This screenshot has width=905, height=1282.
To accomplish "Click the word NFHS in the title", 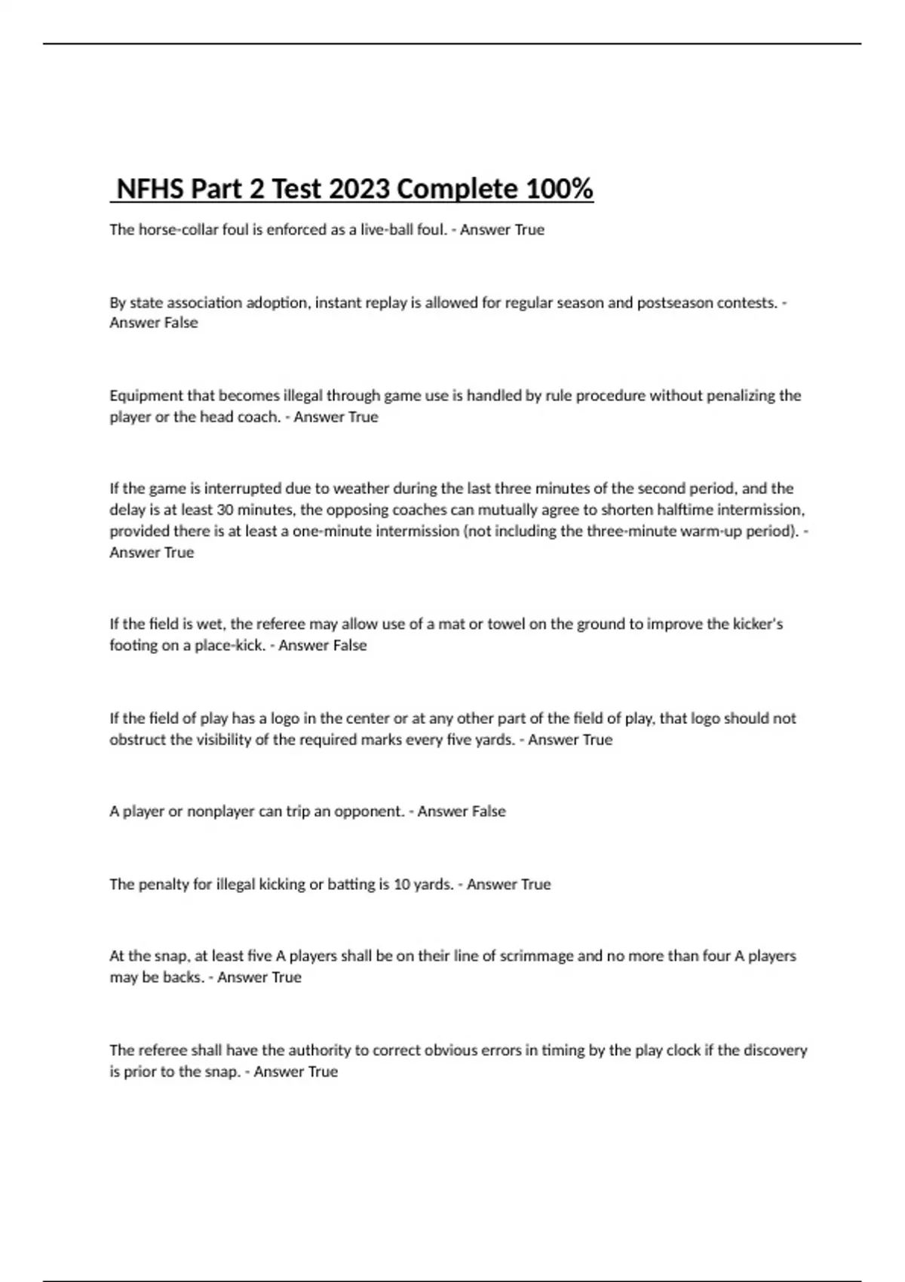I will pyautogui.click(x=150, y=189).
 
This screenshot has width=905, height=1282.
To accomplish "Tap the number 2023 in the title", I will pyautogui.click(x=359, y=189).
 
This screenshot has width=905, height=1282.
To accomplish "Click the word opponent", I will pyautogui.click(x=369, y=811).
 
